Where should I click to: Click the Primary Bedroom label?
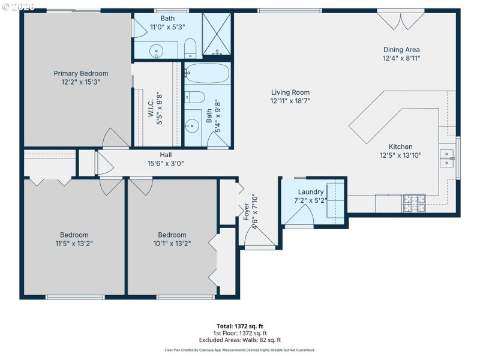tap(76, 73)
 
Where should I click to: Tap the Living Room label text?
tap(290, 92)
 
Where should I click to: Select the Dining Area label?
tap(401, 50)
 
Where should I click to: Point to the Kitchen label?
tap(400, 146)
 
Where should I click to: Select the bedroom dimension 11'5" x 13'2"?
tap(74, 243)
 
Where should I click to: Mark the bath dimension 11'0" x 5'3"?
tap(167, 26)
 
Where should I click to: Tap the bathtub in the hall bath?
tap(207, 74)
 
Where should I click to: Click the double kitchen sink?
tap(448, 158)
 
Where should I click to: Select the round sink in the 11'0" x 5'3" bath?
tap(157, 51)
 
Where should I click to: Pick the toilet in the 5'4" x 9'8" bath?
tap(195, 97)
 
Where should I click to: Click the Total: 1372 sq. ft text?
tap(240, 326)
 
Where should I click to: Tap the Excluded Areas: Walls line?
tap(240, 340)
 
